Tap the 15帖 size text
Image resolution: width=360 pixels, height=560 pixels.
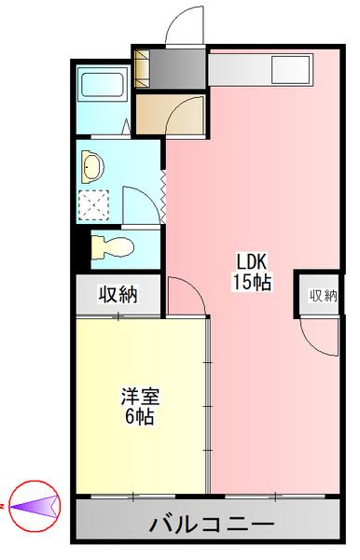coord(252,282)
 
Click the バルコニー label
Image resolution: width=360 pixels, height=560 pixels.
coord(211,524)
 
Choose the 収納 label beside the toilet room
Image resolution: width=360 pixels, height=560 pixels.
coord(118,296)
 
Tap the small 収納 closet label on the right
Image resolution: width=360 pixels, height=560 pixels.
coord(323,296)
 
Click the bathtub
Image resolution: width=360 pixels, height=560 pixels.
coord(104,85)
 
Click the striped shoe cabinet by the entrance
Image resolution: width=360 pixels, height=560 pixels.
coord(143,67)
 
